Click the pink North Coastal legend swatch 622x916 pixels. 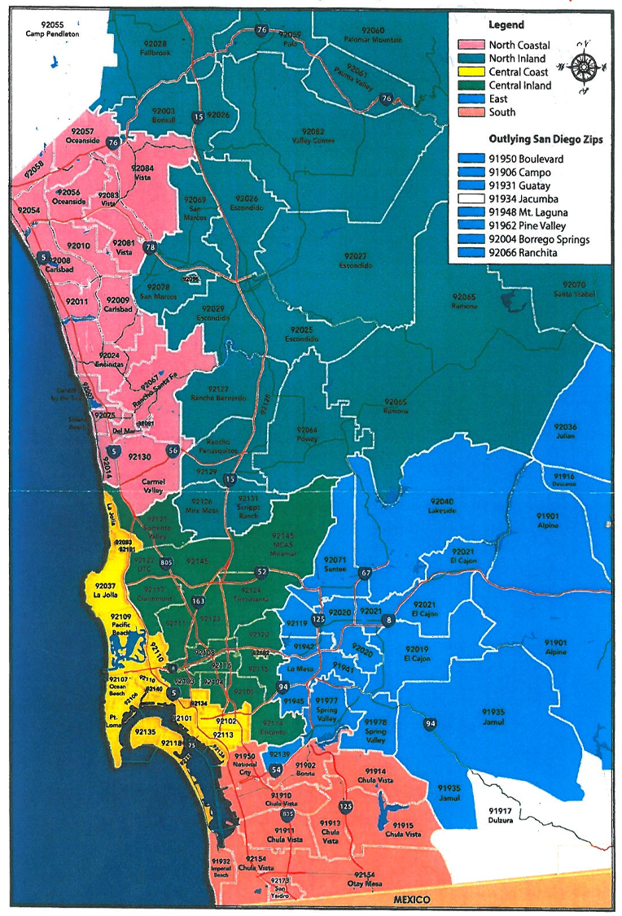[471, 45]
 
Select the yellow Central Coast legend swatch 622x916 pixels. [471, 72]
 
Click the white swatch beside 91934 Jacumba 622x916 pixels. [471, 198]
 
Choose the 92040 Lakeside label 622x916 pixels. [443, 505]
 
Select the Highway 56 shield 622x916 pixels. [172, 450]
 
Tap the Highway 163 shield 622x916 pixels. [199, 601]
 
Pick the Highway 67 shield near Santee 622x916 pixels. [366, 574]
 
